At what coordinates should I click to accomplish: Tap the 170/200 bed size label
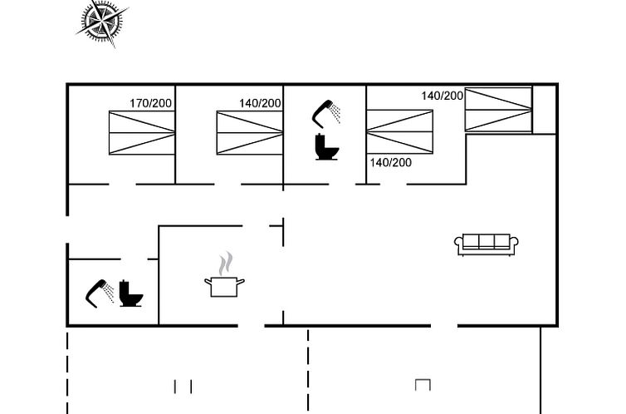pyautogui.click(x=150, y=103)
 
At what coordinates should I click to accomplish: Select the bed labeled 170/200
pyautogui.click(x=142, y=132)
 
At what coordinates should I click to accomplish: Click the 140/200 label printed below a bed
pyautogui.click(x=390, y=162)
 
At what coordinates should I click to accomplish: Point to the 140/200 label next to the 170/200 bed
pyautogui.click(x=260, y=103)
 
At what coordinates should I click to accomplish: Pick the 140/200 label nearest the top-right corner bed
pyautogui.click(x=442, y=96)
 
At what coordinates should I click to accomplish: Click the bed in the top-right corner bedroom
pyautogui.click(x=498, y=109)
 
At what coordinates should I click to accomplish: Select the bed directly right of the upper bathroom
pyautogui.click(x=400, y=132)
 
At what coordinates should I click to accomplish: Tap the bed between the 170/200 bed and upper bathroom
pyautogui.click(x=250, y=132)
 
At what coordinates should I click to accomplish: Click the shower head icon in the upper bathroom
pyautogui.click(x=326, y=111)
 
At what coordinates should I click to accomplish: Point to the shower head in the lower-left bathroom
pyautogui.click(x=100, y=292)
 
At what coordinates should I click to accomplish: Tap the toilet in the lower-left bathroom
pyautogui.click(x=131, y=293)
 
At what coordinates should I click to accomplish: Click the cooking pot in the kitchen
pyautogui.click(x=224, y=287)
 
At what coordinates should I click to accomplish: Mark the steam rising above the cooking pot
pyautogui.click(x=223, y=265)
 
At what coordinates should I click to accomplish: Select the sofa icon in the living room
pyautogui.click(x=487, y=244)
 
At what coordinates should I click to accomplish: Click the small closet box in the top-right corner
pyautogui.click(x=544, y=108)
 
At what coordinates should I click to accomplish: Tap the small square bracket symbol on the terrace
pyautogui.click(x=423, y=384)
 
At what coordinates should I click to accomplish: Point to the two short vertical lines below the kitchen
pyautogui.click(x=183, y=386)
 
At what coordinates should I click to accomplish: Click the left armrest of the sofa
pyautogui.click(x=458, y=244)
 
